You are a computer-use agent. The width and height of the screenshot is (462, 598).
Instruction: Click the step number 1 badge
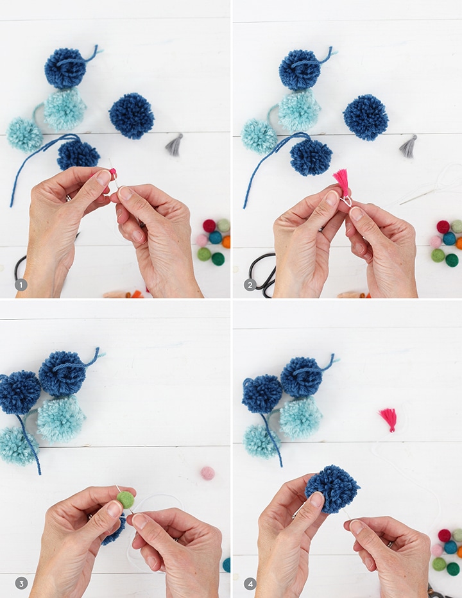(21, 284)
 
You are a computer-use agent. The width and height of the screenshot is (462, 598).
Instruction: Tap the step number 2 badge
(250, 284)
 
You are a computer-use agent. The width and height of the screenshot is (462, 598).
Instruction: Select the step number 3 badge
(21, 583)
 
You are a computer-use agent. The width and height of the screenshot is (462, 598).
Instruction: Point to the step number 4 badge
(250, 583)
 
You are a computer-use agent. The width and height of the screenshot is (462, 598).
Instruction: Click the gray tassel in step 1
(175, 145)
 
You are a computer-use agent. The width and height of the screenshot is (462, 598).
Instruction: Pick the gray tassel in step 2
(409, 146)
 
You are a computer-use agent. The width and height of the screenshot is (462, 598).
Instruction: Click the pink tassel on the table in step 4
(388, 420)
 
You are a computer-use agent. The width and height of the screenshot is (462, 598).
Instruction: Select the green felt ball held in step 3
(126, 500)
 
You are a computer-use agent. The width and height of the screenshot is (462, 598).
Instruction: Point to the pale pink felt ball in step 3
(207, 473)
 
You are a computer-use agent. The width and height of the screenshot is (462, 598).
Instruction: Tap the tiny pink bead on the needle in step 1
(113, 173)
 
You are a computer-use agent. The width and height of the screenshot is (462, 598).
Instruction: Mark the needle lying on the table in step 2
(420, 196)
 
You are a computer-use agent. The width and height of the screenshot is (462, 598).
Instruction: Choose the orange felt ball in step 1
(227, 242)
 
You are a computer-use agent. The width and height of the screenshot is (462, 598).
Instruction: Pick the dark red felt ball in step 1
(209, 226)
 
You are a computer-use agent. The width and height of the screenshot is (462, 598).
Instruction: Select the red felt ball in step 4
(445, 536)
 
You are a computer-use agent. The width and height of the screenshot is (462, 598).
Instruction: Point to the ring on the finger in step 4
(390, 545)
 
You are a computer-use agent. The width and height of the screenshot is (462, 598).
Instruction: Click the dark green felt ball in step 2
(452, 261)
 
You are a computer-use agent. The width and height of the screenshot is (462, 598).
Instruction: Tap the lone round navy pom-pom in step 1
(132, 115)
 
